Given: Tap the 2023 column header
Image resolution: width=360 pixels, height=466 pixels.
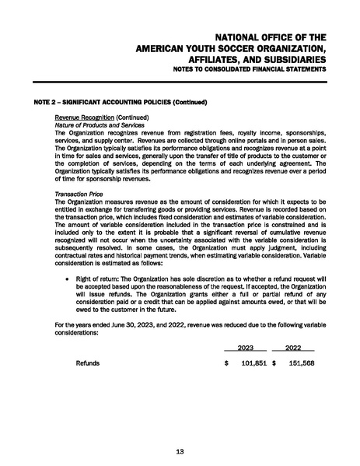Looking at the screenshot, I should pyautogui.click(x=246, y=348).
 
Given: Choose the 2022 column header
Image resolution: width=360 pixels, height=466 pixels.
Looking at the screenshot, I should pyautogui.click(x=294, y=348).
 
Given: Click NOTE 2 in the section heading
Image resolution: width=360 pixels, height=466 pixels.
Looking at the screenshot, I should pyautogui.click(x=47, y=102).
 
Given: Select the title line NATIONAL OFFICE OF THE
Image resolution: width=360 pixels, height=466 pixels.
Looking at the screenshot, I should pyautogui.click(x=269, y=37).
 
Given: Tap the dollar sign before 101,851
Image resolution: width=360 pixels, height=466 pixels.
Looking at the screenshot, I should pyautogui.click(x=226, y=363).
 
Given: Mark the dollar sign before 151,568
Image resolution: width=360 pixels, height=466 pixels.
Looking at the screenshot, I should pyautogui.click(x=274, y=363).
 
